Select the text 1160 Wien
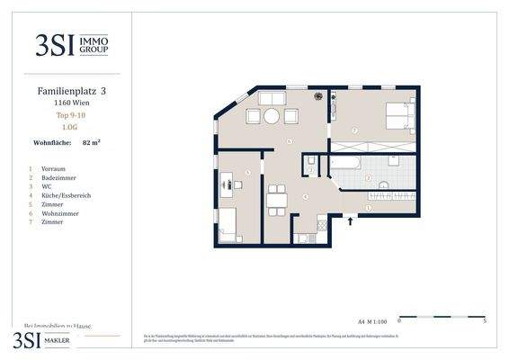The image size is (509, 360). [68, 103]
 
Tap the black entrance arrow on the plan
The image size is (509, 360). [351, 220]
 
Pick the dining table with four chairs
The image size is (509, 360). [277, 200]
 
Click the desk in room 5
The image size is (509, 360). [226, 185]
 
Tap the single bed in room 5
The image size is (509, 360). [228, 224]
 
